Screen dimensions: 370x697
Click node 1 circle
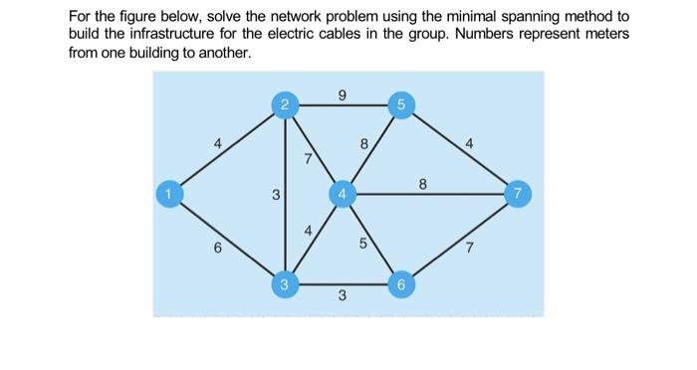(170, 192)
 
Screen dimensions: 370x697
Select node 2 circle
(285, 104)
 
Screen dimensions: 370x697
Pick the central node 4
(342, 192)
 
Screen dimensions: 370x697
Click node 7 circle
(516, 192)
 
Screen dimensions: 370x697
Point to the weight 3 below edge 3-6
(342, 296)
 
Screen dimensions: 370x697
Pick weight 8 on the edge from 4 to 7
(423, 183)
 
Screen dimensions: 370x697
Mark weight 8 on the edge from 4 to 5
(363, 145)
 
